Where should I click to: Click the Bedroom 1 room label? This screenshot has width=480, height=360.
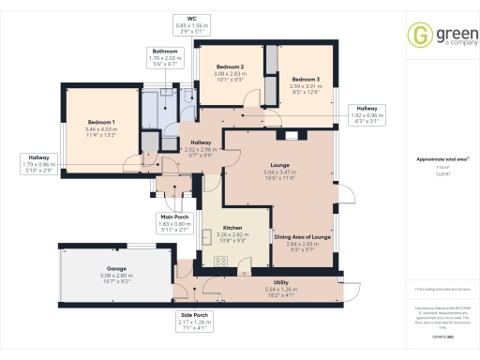click(101, 123)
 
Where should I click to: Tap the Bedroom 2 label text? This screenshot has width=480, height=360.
click(230, 67)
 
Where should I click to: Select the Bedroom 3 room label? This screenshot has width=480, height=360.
click(305, 79)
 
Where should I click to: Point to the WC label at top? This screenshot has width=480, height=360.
click(191, 18)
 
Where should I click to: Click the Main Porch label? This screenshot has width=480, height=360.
click(173, 217)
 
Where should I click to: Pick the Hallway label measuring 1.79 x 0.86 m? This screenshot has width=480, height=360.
click(38, 157)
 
